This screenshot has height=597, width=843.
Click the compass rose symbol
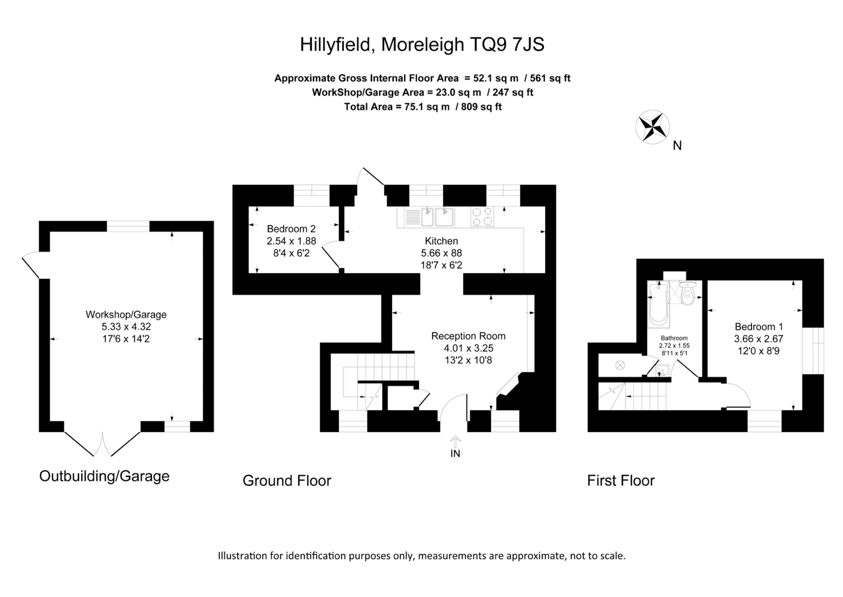tap(653, 127)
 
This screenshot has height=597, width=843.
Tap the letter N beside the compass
tap(677, 146)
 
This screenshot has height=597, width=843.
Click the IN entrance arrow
tap(455, 442)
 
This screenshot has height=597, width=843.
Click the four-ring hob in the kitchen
tap(482, 217)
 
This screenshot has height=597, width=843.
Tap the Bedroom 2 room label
tap(291, 229)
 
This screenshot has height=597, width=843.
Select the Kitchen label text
tap(442, 240)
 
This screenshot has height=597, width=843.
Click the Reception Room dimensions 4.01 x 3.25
tap(468, 348)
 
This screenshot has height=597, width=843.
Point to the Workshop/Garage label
tap(126, 314)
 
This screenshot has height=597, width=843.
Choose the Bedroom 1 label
tap(759, 326)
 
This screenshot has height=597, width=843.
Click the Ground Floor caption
tap(287, 480)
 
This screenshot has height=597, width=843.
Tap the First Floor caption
tap(621, 480)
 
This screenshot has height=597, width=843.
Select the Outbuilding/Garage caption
tap(104, 476)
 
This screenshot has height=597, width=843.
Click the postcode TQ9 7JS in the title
tap(506, 44)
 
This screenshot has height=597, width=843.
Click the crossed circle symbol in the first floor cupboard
tap(620, 365)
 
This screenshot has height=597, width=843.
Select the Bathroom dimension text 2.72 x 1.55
tap(674, 345)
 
